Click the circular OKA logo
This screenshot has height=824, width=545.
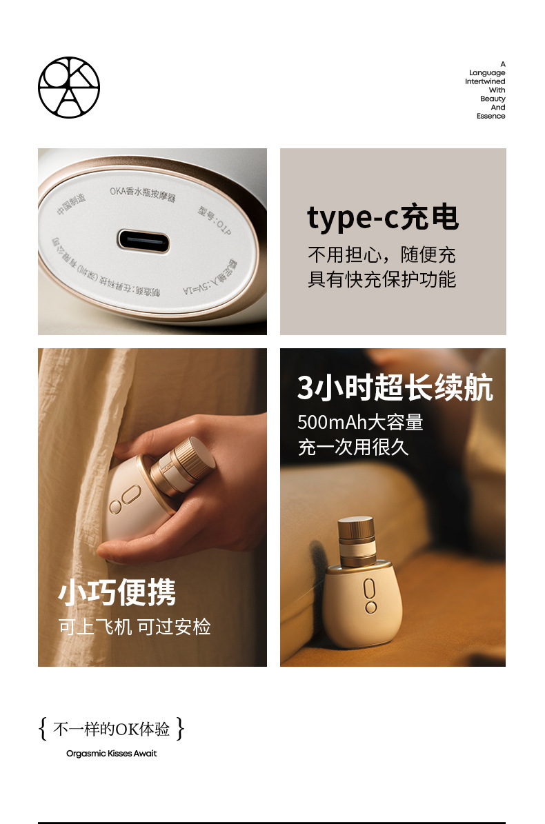tap(68, 87)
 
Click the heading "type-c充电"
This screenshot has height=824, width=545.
tap(383, 218)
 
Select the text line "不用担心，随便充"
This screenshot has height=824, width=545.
tap(381, 255)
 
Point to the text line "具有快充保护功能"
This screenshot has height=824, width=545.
tap(381, 279)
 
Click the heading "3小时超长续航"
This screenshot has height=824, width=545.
tap(395, 389)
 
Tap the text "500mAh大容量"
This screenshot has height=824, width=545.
tap(360, 422)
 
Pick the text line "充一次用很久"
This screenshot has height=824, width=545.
tap(353, 446)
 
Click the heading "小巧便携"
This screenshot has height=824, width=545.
tap(117, 592)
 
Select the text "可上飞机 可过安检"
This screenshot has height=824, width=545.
tap(135, 627)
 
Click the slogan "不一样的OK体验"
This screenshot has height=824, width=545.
tap(112, 729)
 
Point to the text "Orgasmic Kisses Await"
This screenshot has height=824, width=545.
tap(112, 754)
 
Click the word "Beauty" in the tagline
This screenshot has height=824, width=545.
tap(493, 99)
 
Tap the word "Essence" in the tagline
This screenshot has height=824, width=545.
tap(490, 116)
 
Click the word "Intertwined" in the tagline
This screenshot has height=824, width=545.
tap(485, 81)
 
